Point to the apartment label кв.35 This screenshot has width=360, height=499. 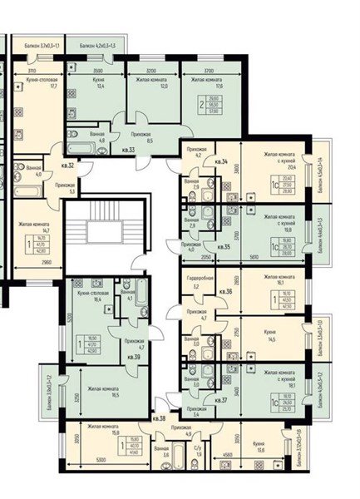222,246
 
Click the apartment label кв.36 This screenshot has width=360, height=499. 223,292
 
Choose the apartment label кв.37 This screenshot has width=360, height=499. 221,400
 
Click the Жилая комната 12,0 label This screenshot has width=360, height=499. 146,82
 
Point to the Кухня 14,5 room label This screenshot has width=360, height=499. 270,335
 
